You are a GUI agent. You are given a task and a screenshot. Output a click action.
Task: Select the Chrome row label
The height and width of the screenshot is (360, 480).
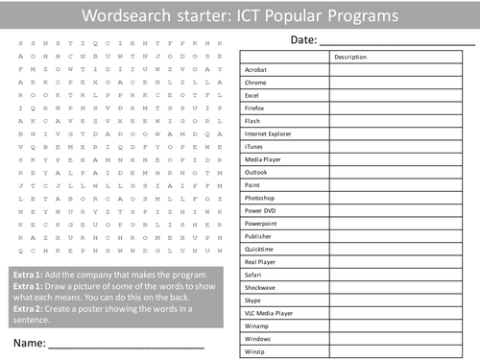[256, 84]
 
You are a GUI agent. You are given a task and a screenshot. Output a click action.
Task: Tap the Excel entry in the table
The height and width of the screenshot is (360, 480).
[252, 96]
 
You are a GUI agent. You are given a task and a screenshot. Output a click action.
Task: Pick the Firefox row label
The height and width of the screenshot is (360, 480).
[255, 108]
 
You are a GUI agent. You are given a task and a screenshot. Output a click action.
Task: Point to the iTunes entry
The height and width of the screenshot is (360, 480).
[254, 146]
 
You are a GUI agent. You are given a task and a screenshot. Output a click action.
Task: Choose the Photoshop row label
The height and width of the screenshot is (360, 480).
[260, 196]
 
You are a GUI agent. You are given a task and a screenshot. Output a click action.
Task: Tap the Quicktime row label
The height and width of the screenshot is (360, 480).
[260, 247]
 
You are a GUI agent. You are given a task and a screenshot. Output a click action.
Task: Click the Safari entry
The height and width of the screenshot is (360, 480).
[253, 273]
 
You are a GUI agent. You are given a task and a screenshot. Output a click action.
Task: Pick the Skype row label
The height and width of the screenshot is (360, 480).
[253, 299]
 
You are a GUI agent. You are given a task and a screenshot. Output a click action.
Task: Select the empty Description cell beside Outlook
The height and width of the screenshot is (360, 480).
[399, 171]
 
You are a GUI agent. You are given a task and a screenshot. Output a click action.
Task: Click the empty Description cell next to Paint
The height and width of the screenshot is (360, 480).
[399, 183]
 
